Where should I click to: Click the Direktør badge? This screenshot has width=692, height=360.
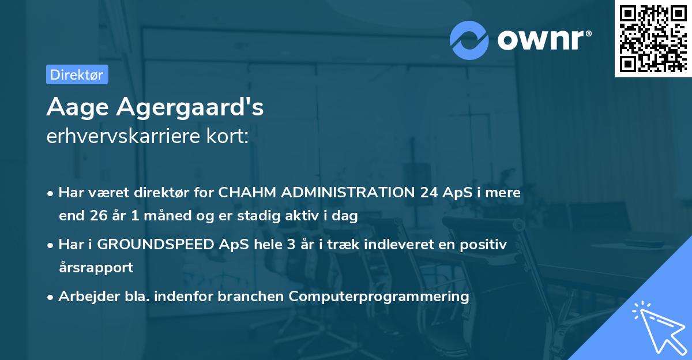tap(77, 75)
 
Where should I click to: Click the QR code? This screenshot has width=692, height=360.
tap(652, 38)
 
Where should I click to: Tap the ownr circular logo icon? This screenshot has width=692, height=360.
tap(469, 40)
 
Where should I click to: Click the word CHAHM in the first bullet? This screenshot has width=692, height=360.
tap(247, 193)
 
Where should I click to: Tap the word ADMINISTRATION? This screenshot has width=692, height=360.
tap(347, 193)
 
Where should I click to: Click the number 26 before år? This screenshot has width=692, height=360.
tap(98, 216)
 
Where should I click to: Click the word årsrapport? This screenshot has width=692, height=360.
tap(96, 268)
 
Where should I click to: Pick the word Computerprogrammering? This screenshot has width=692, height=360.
tap(379, 297)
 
